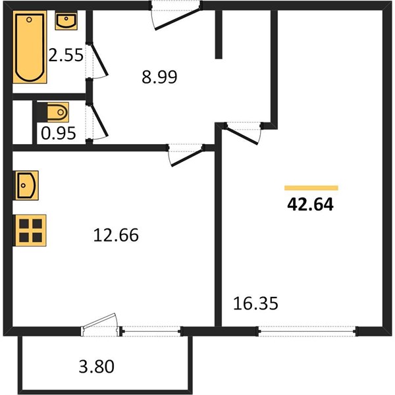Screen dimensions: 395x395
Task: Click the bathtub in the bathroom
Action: click(30, 47)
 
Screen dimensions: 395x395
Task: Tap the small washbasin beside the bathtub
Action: click(66, 21)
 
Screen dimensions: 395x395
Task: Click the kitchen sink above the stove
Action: click(27, 186)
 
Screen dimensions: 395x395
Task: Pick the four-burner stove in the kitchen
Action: click(30, 230)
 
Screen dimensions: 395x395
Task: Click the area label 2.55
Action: click(65, 55)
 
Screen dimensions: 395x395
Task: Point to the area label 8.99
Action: click(159, 77)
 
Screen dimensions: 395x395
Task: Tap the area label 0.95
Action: click(58, 133)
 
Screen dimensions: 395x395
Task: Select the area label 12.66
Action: click(116, 235)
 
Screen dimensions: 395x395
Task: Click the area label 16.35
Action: click(255, 303)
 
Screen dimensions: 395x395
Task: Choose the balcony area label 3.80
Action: click(97, 367)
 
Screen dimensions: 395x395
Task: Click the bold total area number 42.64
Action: click(310, 204)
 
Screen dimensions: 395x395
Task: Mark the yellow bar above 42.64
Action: click(311, 188)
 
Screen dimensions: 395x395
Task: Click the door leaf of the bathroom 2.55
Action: click(100, 60)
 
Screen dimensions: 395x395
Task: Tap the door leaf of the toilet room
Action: click(100, 120)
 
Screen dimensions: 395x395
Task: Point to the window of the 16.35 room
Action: click(307, 331)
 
